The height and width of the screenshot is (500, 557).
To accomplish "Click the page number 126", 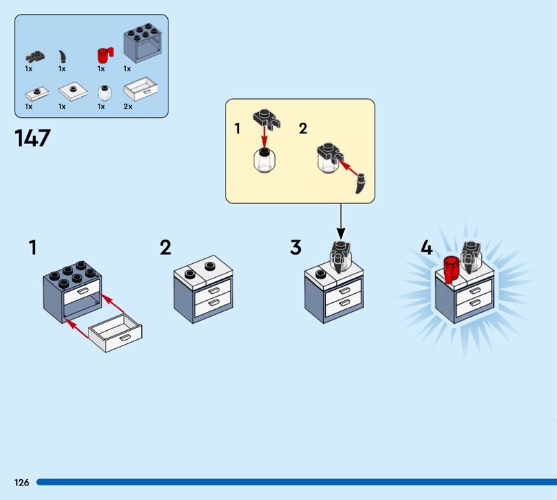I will point(21,482).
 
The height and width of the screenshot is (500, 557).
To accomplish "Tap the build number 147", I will point(32,137).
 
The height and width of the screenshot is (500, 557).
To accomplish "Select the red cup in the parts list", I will point(104,55).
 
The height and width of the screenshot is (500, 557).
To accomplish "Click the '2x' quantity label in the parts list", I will point(127,107).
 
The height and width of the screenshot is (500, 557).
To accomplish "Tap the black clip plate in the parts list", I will point(33,56).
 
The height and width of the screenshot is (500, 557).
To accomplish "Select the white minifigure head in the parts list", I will point(103,93).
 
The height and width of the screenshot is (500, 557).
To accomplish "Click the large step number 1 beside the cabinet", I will point(32,247).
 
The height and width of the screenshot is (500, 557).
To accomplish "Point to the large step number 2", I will point(165,247).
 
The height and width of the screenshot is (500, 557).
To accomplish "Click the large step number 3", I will point(296,247).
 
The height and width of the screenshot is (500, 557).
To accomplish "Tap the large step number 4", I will point(426,247).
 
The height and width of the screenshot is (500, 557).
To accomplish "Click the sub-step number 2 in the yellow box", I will point(303,128).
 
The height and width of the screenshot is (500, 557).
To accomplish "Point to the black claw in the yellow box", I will point(360,185).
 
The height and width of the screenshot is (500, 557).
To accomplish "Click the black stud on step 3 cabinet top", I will point(321,274).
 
